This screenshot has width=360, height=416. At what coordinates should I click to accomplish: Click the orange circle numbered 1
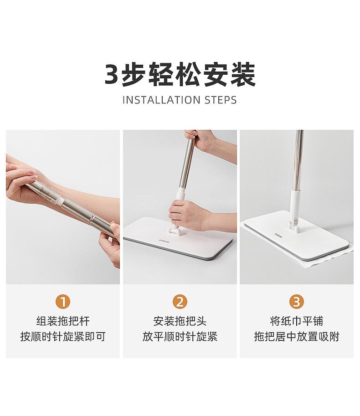63,302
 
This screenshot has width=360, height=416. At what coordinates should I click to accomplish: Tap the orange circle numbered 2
180,302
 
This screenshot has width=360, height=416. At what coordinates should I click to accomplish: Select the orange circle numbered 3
297,302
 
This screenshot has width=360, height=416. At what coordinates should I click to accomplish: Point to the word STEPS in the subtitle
221,100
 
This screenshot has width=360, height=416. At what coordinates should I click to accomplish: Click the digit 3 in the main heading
112,74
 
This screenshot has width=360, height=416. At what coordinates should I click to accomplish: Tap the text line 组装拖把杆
63,321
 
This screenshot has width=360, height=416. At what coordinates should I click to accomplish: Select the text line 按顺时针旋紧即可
63,336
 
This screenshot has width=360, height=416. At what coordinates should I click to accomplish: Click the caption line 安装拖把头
180,321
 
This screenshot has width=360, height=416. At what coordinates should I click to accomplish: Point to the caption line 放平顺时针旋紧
180,336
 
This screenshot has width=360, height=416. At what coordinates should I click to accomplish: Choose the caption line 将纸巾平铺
297,321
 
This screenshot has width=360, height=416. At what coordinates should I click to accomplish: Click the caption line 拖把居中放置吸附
297,336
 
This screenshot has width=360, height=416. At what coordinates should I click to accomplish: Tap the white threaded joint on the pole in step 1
60,200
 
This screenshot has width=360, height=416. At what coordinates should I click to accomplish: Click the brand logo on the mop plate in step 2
164,241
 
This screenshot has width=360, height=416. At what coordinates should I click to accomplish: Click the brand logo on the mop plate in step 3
278,235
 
